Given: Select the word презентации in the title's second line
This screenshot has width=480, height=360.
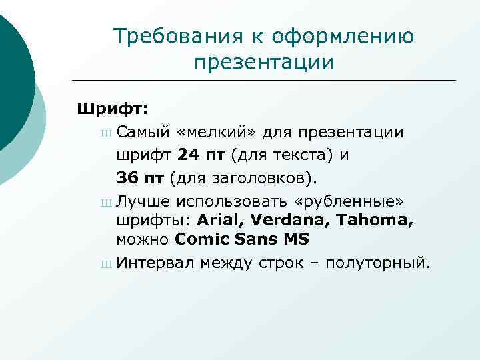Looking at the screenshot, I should click(x=263, y=63).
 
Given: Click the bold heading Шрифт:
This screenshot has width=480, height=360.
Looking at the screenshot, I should click(x=113, y=107).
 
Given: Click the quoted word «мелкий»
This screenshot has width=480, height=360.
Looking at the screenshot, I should click(x=217, y=131).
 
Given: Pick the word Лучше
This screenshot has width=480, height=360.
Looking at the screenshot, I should click(x=143, y=201).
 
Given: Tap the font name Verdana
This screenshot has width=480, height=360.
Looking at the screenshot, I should click(x=281, y=220).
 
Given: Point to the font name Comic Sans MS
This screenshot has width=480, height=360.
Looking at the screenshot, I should click(x=243, y=239).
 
